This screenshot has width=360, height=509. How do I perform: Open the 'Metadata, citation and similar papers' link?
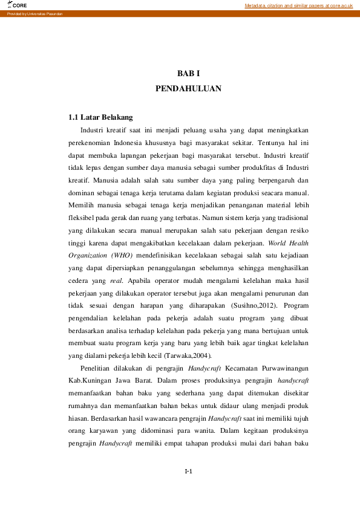click(298, 5)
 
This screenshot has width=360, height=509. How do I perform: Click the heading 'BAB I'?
click(188, 73)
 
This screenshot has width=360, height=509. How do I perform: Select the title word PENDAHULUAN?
click(188, 88)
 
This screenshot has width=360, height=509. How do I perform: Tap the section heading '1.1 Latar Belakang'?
click(100, 117)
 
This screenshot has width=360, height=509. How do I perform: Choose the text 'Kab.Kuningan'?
click(89, 381)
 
